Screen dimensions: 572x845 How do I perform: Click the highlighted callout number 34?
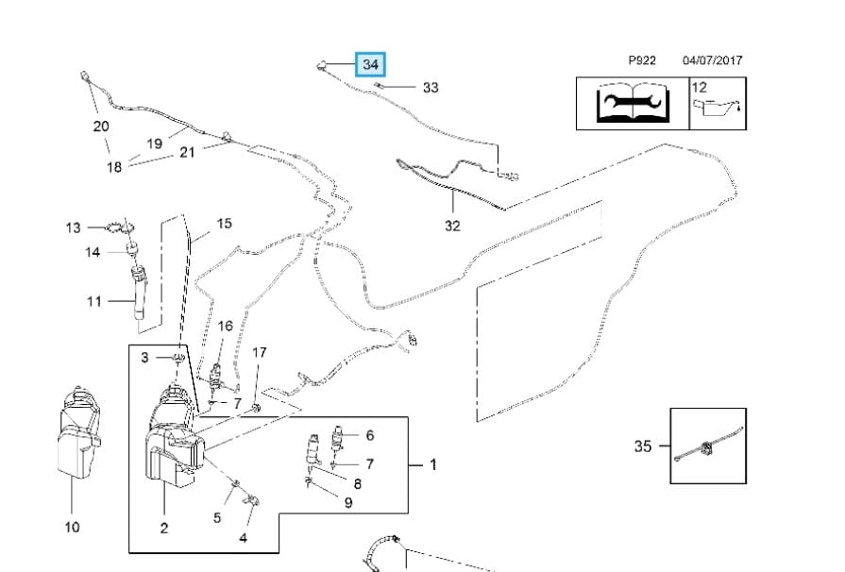(x=370, y=65)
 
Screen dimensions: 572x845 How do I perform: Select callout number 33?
(x=431, y=88)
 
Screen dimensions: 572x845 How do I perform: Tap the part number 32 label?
(x=452, y=226)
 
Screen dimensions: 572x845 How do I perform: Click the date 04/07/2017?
(x=712, y=60)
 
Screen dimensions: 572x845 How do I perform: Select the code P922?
(x=642, y=60)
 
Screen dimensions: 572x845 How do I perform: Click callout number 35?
(x=643, y=446)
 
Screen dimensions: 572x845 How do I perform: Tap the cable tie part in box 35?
(x=707, y=446)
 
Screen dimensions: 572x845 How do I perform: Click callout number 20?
(x=101, y=126)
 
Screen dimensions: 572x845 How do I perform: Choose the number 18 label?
(x=114, y=167)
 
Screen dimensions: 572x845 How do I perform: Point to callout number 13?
(x=74, y=227)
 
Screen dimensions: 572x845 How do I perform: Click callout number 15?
(x=224, y=224)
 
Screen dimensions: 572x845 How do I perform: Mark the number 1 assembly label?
(x=433, y=464)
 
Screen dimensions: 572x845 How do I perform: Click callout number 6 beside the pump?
(x=370, y=435)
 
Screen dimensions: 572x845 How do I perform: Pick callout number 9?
(x=348, y=503)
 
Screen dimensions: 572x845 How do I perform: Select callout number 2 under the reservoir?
(x=164, y=529)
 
